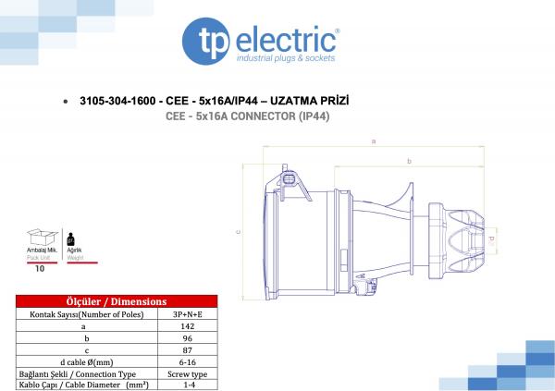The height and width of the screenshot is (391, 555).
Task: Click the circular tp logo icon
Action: [205, 42]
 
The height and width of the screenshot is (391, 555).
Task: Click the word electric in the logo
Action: [286, 39]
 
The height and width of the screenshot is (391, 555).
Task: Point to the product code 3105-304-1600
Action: [117, 101]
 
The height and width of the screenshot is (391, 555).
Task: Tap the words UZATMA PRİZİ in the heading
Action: [309, 101]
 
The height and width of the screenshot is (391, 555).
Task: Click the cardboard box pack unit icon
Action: [43, 237]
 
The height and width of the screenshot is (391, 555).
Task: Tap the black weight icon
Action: [71, 239]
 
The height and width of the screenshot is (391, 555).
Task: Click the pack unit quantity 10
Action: [40, 269]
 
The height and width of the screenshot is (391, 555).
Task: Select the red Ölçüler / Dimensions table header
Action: [117, 301]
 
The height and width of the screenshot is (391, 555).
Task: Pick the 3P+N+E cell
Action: [188, 314]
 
